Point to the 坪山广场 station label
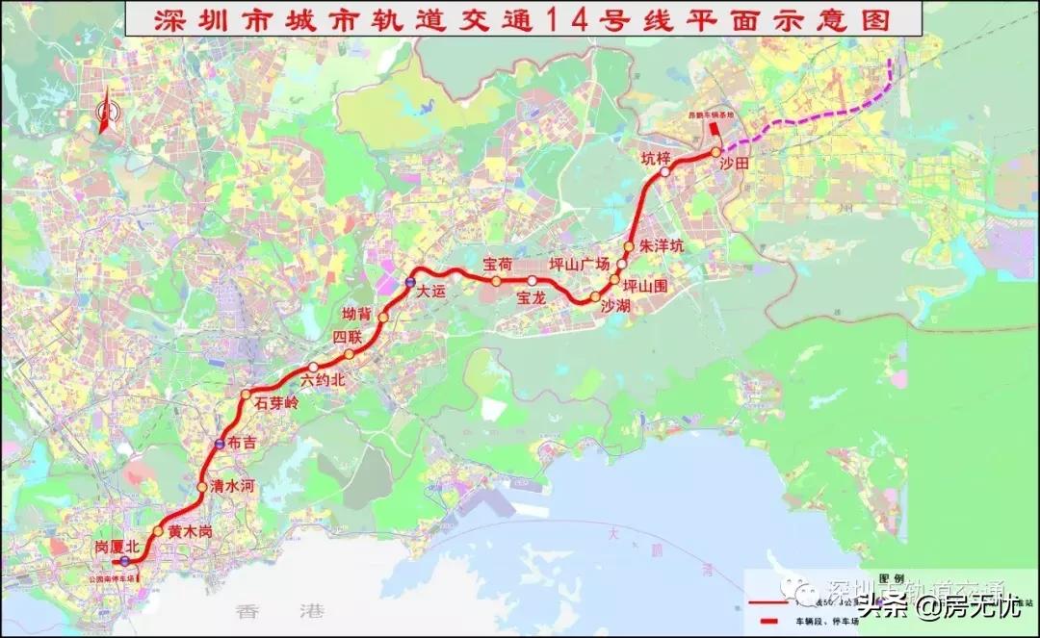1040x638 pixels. [x=580, y=264]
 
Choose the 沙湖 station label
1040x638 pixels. [x=615, y=305]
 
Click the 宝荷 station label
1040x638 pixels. [x=498, y=263]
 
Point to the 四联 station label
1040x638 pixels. [x=347, y=337]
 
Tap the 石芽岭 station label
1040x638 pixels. [x=277, y=403]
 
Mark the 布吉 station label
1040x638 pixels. [x=244, y=444]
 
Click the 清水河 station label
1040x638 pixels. [x=232, y=487]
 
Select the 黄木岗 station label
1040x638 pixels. [x=189, y=531]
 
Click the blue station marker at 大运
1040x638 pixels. [x=409, y=283]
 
